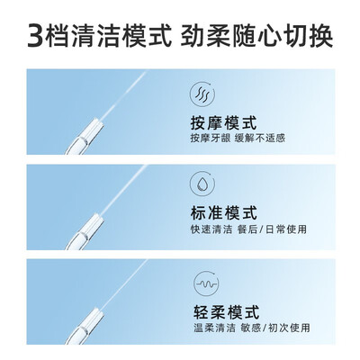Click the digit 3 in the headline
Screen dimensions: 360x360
coord(36,36)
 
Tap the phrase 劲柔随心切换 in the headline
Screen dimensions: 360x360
coord(256,36)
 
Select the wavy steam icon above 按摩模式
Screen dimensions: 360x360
coord(202,94)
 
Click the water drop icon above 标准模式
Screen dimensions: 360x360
coord(202,184)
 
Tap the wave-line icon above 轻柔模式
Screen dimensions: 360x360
coord(206,283)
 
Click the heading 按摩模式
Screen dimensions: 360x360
coord(224,122)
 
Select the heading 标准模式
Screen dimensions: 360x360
coord(224,212)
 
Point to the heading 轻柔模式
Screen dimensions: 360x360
coord(226,311)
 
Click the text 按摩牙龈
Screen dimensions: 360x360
coord(211,139)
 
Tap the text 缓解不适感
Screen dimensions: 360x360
coord(260,139)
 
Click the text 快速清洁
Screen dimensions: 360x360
coord(211,229)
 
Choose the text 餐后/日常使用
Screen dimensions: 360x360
coord(272,229)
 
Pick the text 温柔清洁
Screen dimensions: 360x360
coord(214,328)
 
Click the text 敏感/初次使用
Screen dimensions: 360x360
coord(275,328)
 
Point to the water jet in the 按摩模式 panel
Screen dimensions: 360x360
coord(123,95)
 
